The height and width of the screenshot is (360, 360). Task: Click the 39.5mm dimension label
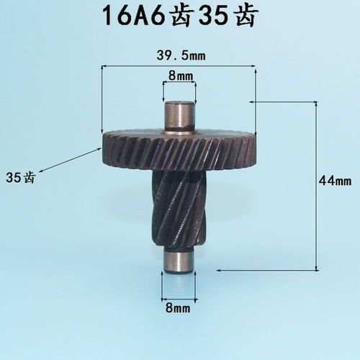(x=181, y=55)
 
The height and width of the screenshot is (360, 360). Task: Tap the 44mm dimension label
(x=335, y=181)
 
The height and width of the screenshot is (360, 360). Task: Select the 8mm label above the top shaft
(x=181, y=76)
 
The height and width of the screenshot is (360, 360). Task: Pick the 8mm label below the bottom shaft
(x=178, y=307)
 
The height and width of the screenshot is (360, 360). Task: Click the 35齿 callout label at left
(x=21, y=178)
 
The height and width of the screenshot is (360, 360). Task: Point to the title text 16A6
(x=135, y=16)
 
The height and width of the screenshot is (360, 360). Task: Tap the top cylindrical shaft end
(x=179, y=116)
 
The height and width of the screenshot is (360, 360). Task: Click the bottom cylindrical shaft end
(x=178, y=261)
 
